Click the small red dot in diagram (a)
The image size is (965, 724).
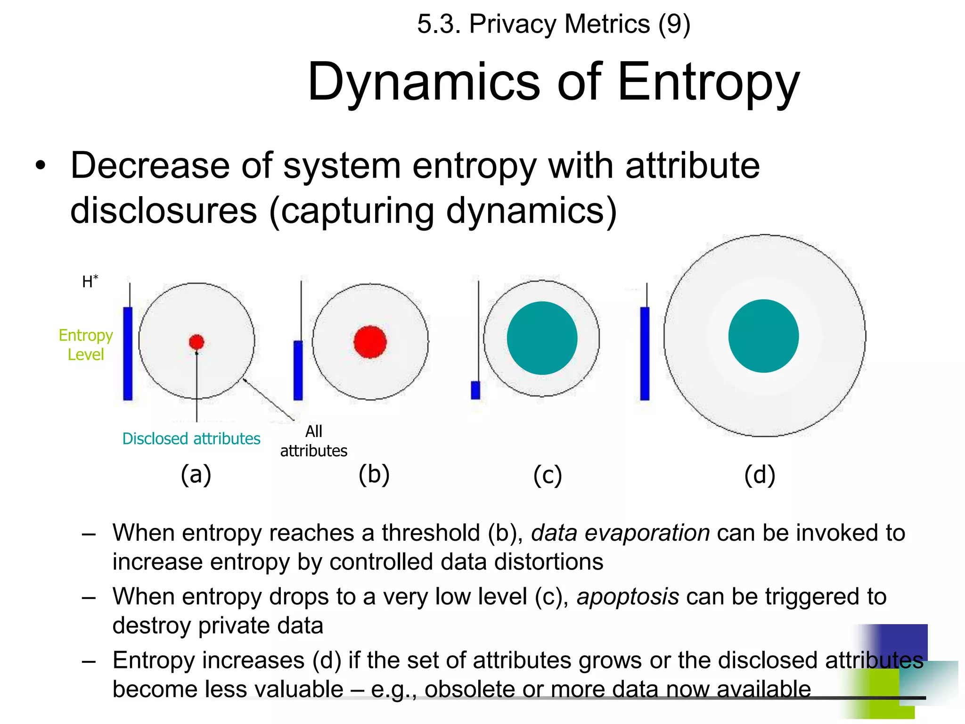coord(196,342)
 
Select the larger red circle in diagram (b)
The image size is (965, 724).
coord(370,342)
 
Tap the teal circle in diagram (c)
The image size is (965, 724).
coord(542,338)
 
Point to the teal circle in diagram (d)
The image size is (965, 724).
coord(763,336)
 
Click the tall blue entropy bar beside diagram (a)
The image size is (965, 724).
coord(128,354)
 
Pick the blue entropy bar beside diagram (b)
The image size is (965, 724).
coord(298,370)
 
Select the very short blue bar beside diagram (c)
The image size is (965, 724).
coord(475,390)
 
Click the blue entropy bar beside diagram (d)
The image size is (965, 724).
coord(645,354)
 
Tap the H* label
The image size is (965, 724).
coord(90,282)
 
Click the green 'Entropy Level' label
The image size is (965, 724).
coord(86,345)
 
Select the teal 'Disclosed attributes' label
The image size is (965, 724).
coord(191,439)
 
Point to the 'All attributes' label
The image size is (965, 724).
coord(314,441)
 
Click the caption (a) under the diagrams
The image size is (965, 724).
coord(196,474)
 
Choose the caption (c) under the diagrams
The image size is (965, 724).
coord(548,475)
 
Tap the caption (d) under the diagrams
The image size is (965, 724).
coord(760,475)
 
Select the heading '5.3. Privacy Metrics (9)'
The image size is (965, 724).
coord(554,24)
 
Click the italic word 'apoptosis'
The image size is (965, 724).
coord(628,597)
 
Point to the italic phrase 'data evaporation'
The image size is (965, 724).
coord(620,533)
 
